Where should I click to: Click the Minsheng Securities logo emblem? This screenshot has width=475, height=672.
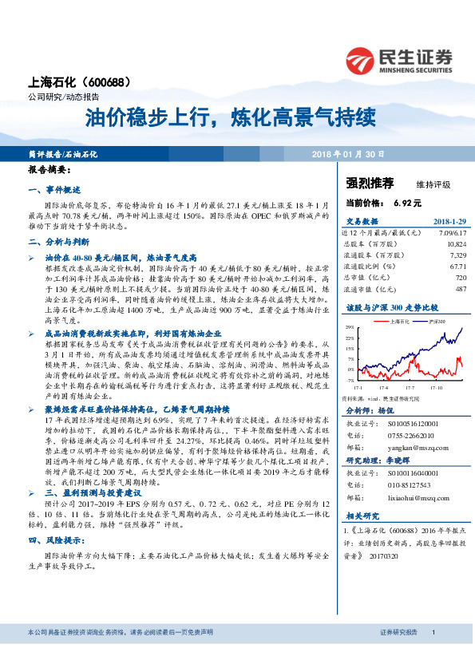point(362,60)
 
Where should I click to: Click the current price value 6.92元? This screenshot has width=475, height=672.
point(406,204)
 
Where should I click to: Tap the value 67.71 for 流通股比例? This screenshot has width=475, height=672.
point(457,267)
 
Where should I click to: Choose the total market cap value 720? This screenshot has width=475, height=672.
point(460,277)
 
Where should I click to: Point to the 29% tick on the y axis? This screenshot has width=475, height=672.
point(350,328)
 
